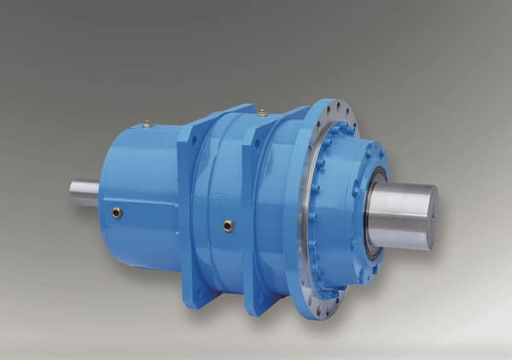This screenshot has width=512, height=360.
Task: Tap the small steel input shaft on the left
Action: point(84,192)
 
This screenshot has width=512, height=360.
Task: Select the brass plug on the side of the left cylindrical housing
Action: point(117,212)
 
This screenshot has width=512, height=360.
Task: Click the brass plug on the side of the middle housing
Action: point(228,226)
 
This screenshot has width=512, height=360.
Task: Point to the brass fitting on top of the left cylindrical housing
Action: point(147,124)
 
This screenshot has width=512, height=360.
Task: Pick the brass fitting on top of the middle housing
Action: point(262,112)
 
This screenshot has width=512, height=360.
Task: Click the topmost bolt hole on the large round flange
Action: point(337,107)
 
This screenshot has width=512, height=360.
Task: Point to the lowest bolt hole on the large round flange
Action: point(317,312)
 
